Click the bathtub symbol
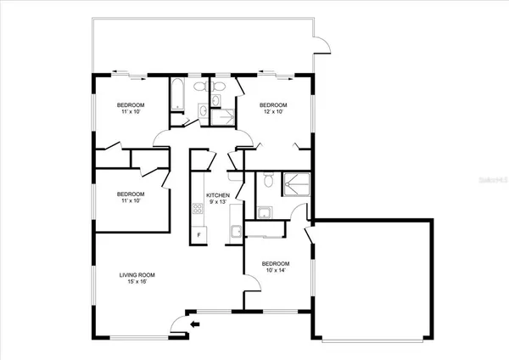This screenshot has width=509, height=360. click(x=178, y=96)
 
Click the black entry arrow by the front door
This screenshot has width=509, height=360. click(x=194, y=323)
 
